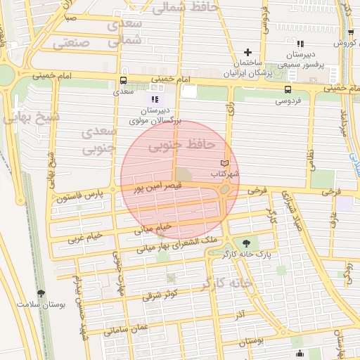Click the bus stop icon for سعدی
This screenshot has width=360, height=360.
(124, 80)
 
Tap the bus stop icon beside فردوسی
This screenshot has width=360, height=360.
(287, 89)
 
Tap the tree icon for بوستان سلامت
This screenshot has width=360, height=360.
(40, 293)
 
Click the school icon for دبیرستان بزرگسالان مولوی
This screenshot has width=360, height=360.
(154, 100)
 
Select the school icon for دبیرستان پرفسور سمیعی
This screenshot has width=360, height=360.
(300, 44)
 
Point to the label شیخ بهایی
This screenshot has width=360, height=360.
(32, 117)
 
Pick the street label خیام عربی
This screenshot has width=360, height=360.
(85, 237)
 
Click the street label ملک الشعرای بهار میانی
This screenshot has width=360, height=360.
(168, 244)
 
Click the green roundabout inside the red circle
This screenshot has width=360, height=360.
(225, 189)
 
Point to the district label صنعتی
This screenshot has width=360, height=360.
(71, 41)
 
